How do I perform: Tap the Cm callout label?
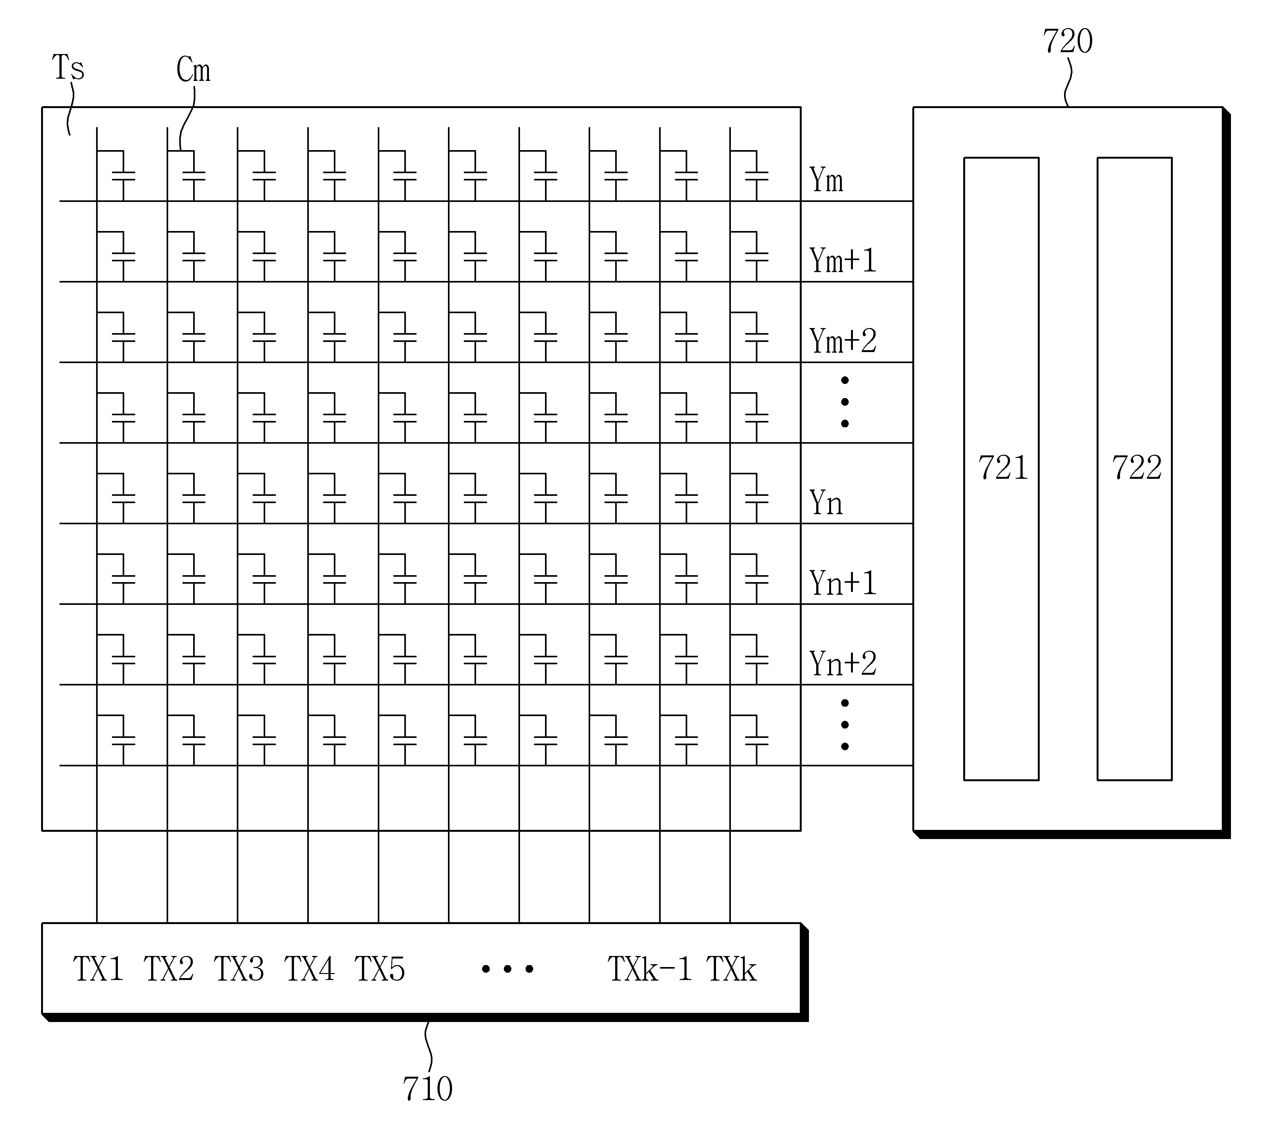point(193,70)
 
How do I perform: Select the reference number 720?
point(1067,42)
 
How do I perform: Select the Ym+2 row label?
point(843,341)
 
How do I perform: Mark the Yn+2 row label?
point(843,664)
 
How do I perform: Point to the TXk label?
point(731,968)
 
